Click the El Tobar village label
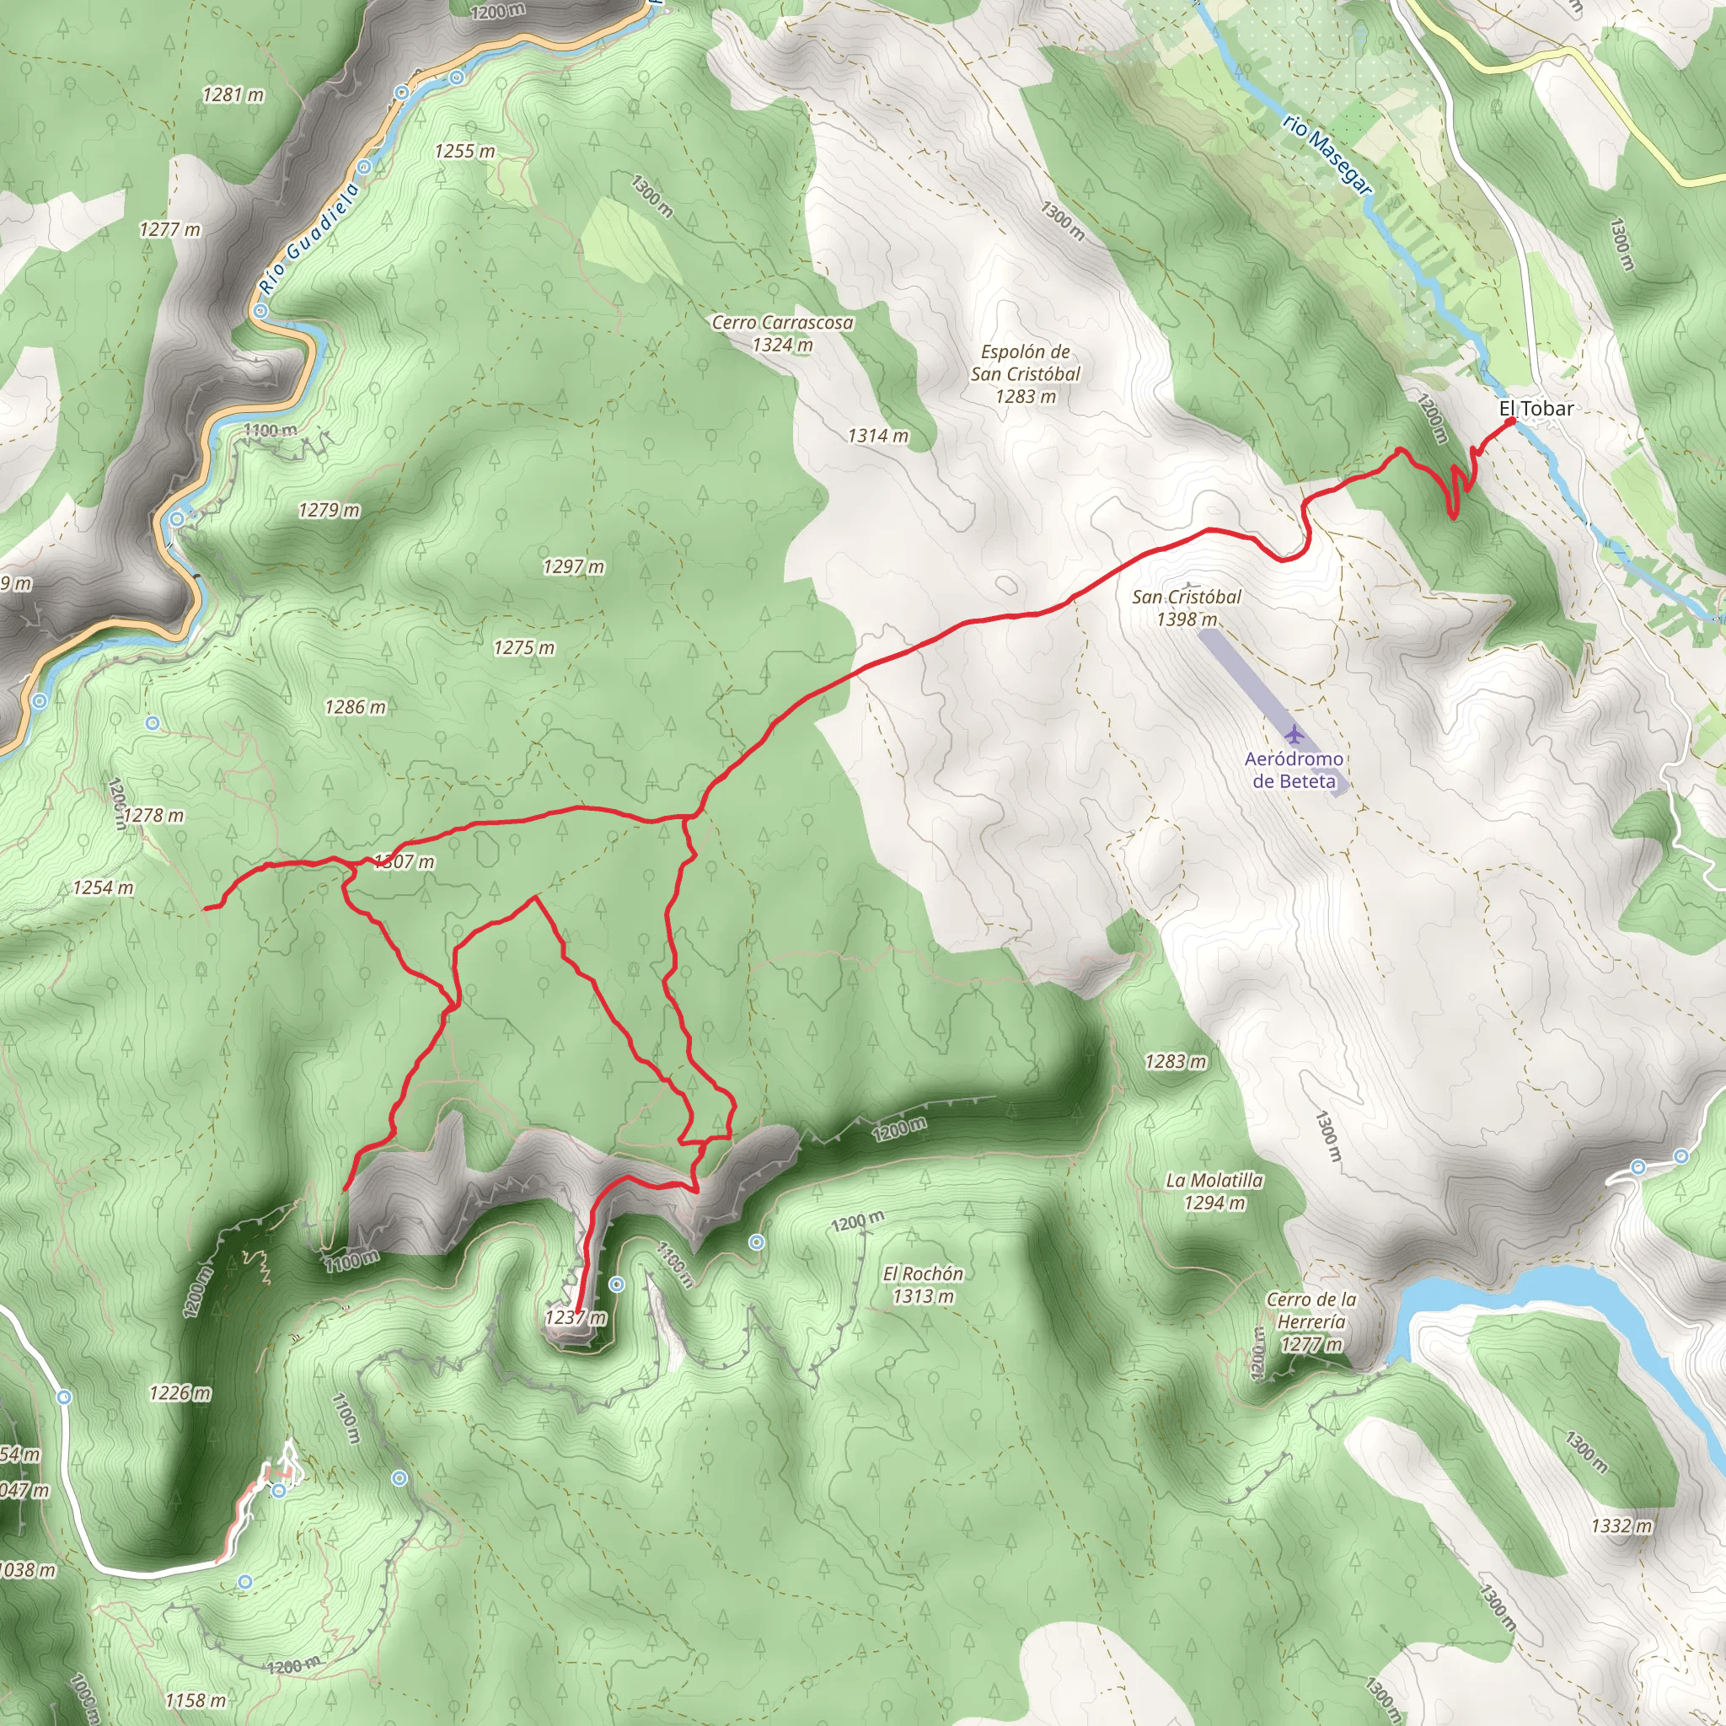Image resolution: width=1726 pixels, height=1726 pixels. point(1536,408)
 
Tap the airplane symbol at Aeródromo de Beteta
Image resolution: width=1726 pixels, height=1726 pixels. point(1294,734)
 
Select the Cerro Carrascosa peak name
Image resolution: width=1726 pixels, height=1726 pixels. point(782,323)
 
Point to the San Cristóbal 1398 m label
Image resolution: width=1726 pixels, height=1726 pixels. point(1187,608)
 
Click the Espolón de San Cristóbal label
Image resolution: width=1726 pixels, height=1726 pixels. point(1026,373)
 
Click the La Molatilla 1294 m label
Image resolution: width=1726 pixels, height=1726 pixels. point(1214,1191)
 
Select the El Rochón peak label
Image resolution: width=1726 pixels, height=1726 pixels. point(923,1284)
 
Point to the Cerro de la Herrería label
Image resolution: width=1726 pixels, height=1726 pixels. point(1311,1321)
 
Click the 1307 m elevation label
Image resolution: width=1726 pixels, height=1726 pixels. point(404,862)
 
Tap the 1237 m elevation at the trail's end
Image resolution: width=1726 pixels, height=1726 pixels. point(576,1318)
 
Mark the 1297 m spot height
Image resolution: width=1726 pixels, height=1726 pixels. point(574,566)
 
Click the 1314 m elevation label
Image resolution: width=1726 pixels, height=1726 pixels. point(878,436)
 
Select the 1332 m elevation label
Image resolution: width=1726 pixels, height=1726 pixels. point(1621,1526)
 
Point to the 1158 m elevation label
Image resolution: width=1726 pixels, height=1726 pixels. point(196,1700)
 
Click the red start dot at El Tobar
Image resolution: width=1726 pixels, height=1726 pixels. point(1509,421)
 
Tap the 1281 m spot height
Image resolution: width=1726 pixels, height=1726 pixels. point(233,94)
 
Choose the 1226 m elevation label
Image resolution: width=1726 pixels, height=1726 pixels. point(180,1393)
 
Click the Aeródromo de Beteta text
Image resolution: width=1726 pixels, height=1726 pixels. point(1294,769)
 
